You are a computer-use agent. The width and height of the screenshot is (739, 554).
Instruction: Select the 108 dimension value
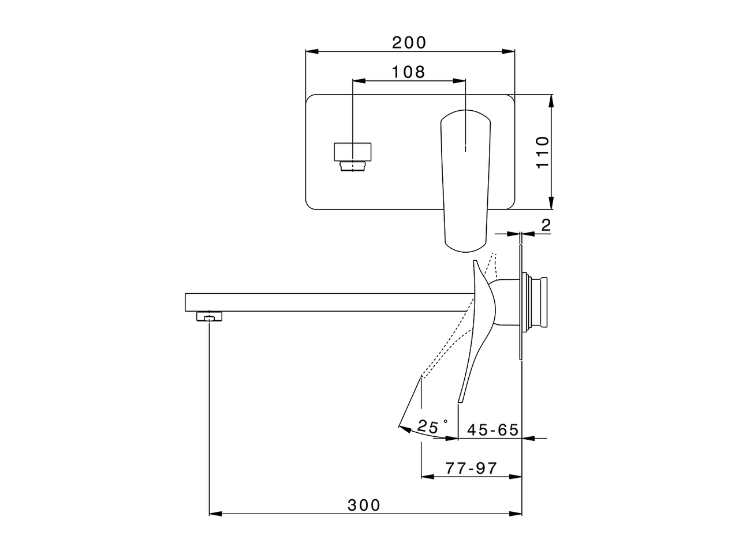[x=408, y=72]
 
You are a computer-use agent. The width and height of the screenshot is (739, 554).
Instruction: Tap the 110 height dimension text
[x=543, y=152]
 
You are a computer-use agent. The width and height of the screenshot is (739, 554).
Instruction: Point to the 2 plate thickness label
[x=546, y=225]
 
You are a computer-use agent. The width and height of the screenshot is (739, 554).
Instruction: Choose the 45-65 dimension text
[x=492, y=429]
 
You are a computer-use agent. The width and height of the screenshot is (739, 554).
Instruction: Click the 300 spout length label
[x=364, y=505]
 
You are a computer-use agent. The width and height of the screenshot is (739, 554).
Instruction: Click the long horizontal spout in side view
[x=323, y=302]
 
